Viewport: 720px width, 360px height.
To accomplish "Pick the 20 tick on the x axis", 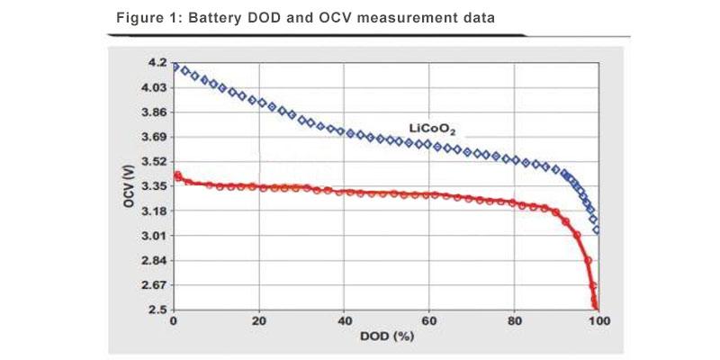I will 259,321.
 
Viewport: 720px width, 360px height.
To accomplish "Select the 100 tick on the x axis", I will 598,321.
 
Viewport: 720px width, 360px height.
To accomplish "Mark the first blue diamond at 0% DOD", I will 175,67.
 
